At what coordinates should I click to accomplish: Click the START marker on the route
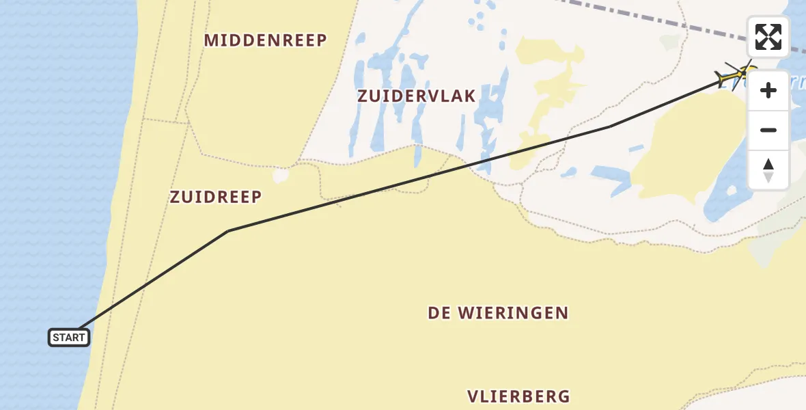click(69, 337)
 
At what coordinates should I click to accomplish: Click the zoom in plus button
click(768, 90)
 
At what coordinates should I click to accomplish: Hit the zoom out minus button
click(768, 130)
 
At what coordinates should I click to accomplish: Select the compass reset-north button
click(768, 170)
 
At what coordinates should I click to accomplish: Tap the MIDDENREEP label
click(266, 40)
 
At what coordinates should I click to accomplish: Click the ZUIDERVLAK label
click(416, 96)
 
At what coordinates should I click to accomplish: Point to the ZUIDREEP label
click(216, 197)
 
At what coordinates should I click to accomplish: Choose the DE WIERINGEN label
click(498, 314)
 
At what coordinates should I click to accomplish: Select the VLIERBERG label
click(518, 396)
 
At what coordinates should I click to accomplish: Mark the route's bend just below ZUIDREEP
click(228, 231)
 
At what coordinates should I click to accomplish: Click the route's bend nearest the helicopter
click(610, 126)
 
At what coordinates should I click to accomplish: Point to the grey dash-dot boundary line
click(656, 21)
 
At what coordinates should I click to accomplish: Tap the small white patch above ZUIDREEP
click(281, 176)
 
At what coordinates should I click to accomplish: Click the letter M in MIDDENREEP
click(211, 40)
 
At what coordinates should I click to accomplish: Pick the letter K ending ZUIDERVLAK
click(470, 96)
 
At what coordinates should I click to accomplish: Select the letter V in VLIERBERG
click(473, 396)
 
